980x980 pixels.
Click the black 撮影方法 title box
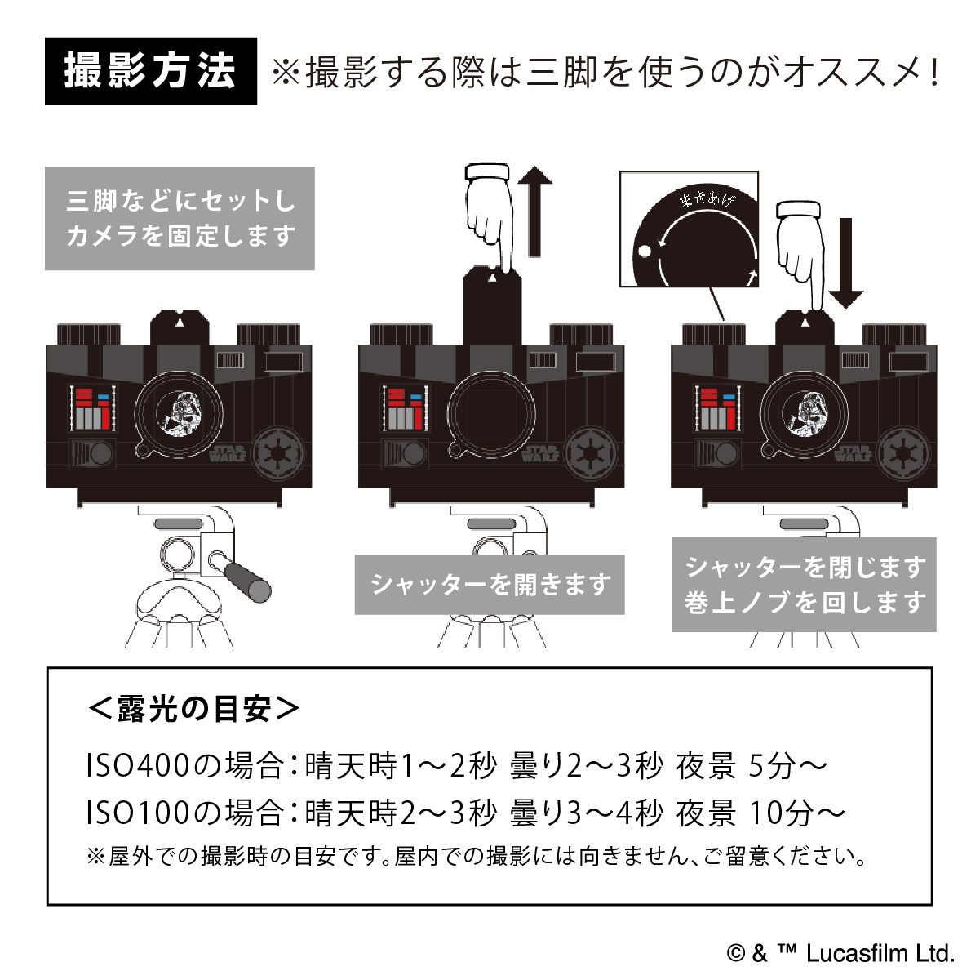[150, 71]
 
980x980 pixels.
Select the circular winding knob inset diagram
[690, 229]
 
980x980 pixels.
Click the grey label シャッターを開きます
[490, 585]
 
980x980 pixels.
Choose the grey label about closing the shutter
[804, 585]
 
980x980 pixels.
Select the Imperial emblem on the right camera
[902, 450]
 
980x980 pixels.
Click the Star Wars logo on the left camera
[227, 452]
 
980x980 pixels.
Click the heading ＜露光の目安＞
[193, 708]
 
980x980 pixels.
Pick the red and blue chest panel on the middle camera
[404, 409]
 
